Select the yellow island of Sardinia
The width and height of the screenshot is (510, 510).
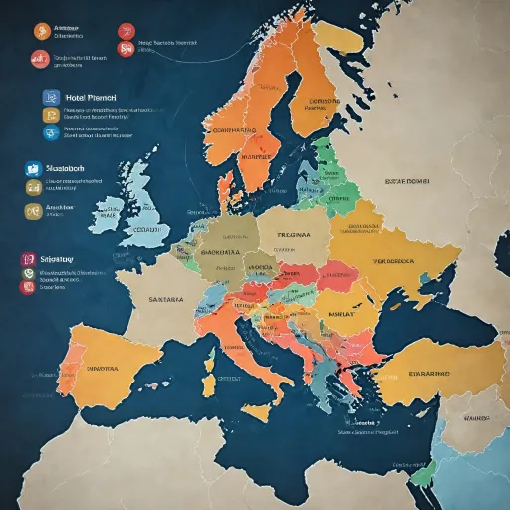point(210,384)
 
